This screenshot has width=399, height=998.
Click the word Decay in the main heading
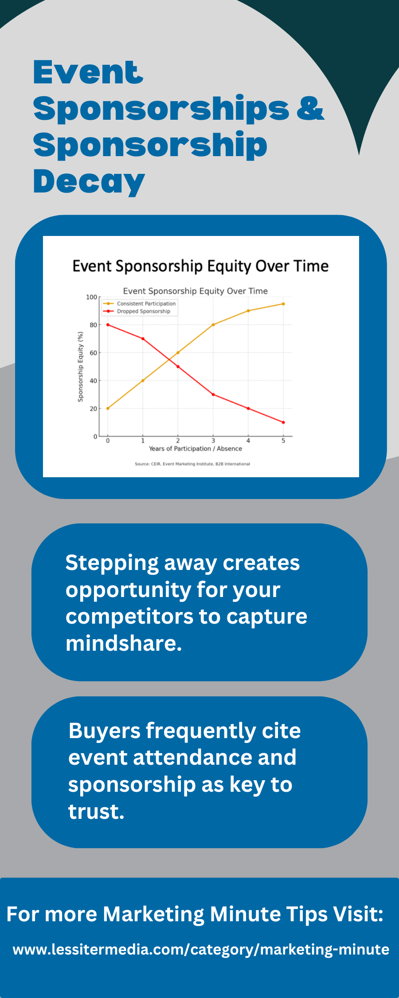[89, 182]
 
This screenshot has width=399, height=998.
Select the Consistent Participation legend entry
[140, 304]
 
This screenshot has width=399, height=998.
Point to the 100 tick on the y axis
[91, 297]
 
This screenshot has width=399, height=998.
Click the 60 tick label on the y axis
[93, 353]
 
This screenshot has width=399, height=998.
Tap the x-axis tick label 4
[248, 441]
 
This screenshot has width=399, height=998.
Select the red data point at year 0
[108, 325]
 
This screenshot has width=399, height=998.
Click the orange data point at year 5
[283, 304]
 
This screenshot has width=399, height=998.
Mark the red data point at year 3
[213, 394]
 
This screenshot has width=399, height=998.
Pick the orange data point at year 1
[143, 381]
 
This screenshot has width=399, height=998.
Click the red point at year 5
[283, 422]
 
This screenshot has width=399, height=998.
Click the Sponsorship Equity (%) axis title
[80, 367]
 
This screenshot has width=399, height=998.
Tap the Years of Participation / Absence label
[196, 449]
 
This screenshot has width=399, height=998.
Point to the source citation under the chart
[192, 464]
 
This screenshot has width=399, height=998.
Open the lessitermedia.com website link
[201, 949]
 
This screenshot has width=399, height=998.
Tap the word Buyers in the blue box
[105, 731]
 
